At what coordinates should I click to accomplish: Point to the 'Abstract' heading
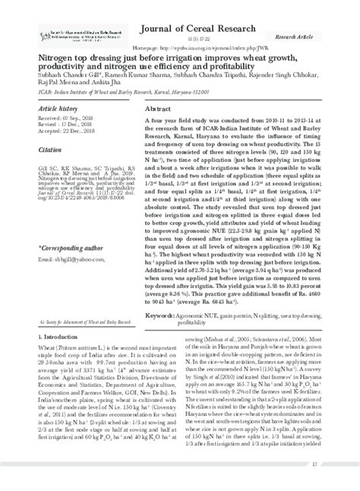(x=159, y=109)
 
